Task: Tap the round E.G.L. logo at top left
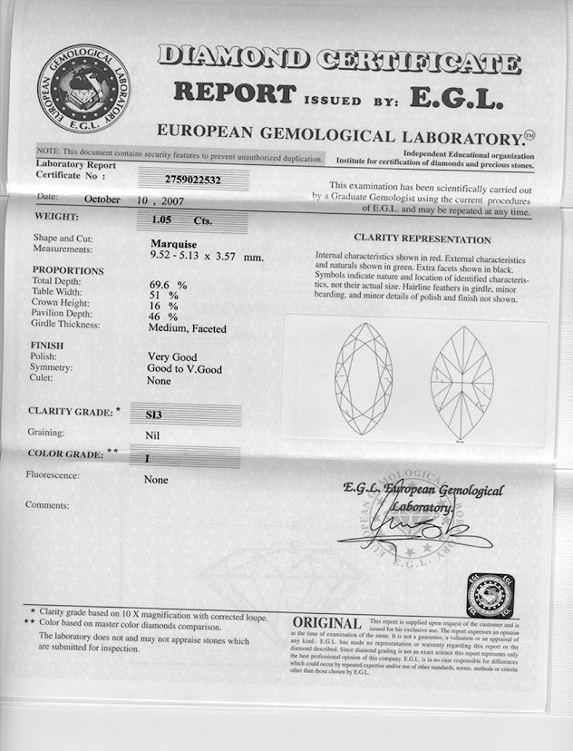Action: (x=83, y=89)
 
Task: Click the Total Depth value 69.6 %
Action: (x=169, y=284)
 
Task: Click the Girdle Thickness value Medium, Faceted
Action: (x=187, y=328)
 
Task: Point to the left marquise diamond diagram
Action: (x=363, y=377)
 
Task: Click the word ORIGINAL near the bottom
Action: (x=327, y=624)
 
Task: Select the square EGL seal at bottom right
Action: (x=490, y=595)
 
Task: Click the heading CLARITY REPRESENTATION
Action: (x=422, y=239)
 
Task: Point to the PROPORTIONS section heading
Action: (x=68, y=270)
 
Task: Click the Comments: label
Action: (x=47, y=504)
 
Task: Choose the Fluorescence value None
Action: (x=156, y=480)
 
